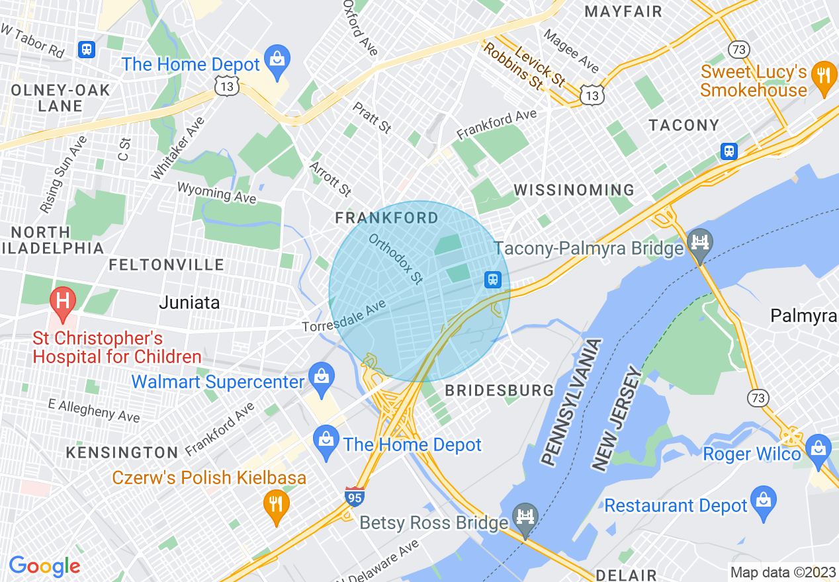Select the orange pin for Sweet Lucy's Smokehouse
click(823, 73)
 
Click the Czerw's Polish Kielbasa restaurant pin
click(276, 505)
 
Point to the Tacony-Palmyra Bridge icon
click(699, 240)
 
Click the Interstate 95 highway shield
click(355, 496)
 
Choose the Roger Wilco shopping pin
click(818, 446)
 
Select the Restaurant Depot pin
click(764, 498)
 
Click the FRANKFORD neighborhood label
click(386, 218)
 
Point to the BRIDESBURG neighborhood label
click(499, 390)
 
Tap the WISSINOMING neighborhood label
click(574, 190)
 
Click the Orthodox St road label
click(396, 259)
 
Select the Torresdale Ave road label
click(343, 317)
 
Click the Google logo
click(44, 566)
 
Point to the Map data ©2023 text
click(782, 572)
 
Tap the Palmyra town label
click(803, 316)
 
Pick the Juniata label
click(189, 303)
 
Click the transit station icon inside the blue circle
click(493, 280)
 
